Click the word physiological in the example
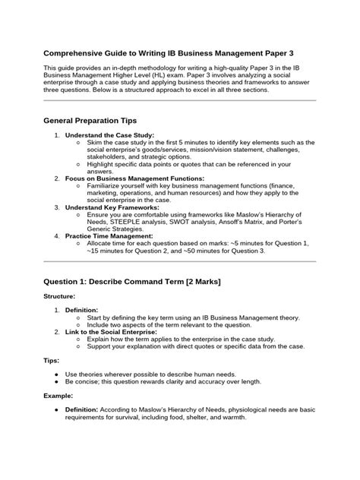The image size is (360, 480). pos(242,411)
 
